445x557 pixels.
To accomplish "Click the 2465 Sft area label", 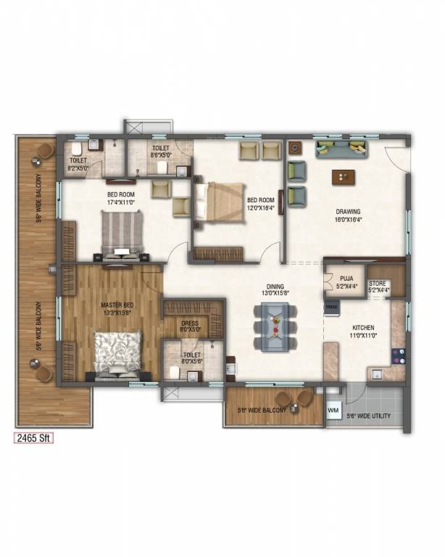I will [x=35, y=439].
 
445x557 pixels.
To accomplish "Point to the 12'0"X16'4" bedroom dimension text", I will [x=261, y=208].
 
